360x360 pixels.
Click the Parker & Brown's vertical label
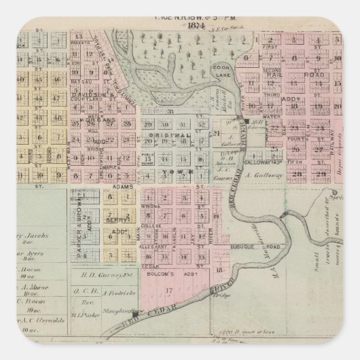point(80,224)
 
